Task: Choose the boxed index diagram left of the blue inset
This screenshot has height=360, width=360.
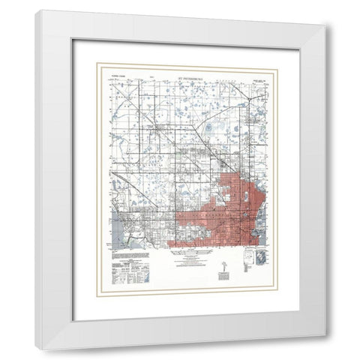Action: (247, 259)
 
